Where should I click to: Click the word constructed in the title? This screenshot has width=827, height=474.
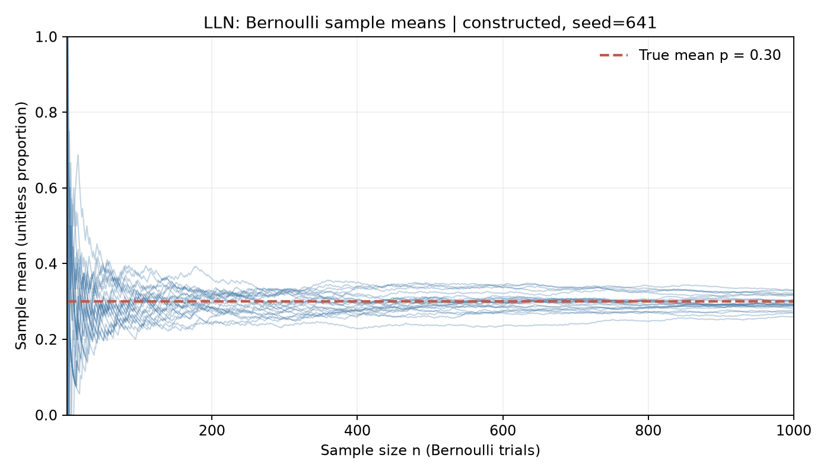pyautogui.click(x=512, y=23)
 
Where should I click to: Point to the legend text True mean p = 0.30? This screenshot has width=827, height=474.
pyautogui.click(x=710, y=55)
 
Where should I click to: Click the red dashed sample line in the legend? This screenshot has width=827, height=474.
pyautogui.click(x=613, y=55)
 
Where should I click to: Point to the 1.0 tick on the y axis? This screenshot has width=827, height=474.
pyautogui.click(x=46, y=37)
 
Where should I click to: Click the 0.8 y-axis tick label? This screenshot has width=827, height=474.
pyautogui.click(x=46, y=112)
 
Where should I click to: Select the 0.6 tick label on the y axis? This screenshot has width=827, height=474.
pyautogui.click(x=46, y=188)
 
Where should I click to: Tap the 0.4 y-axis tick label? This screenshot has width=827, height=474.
pyautogui.click(x=46, y=263)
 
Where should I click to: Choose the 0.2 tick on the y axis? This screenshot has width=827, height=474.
pyautogui.click(x=46, y=339)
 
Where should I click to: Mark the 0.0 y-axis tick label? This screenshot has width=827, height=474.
pyautogui.click(x=46, y=415)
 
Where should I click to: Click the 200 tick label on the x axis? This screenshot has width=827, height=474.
pyautogui.click(x=212, y=431)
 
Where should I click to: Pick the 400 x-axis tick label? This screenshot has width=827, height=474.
pyautogui.click(x=357, y=431)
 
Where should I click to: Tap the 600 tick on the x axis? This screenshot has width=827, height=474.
pyautogui.click(x=503, y=431)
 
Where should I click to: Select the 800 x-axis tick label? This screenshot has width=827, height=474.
pyautogui.click(x=648, y=431)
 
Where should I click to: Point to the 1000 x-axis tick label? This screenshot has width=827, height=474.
pyautogui.click(x=794, y=431)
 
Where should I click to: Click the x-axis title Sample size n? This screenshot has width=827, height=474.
pyautogui.click(x=371, y=451)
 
